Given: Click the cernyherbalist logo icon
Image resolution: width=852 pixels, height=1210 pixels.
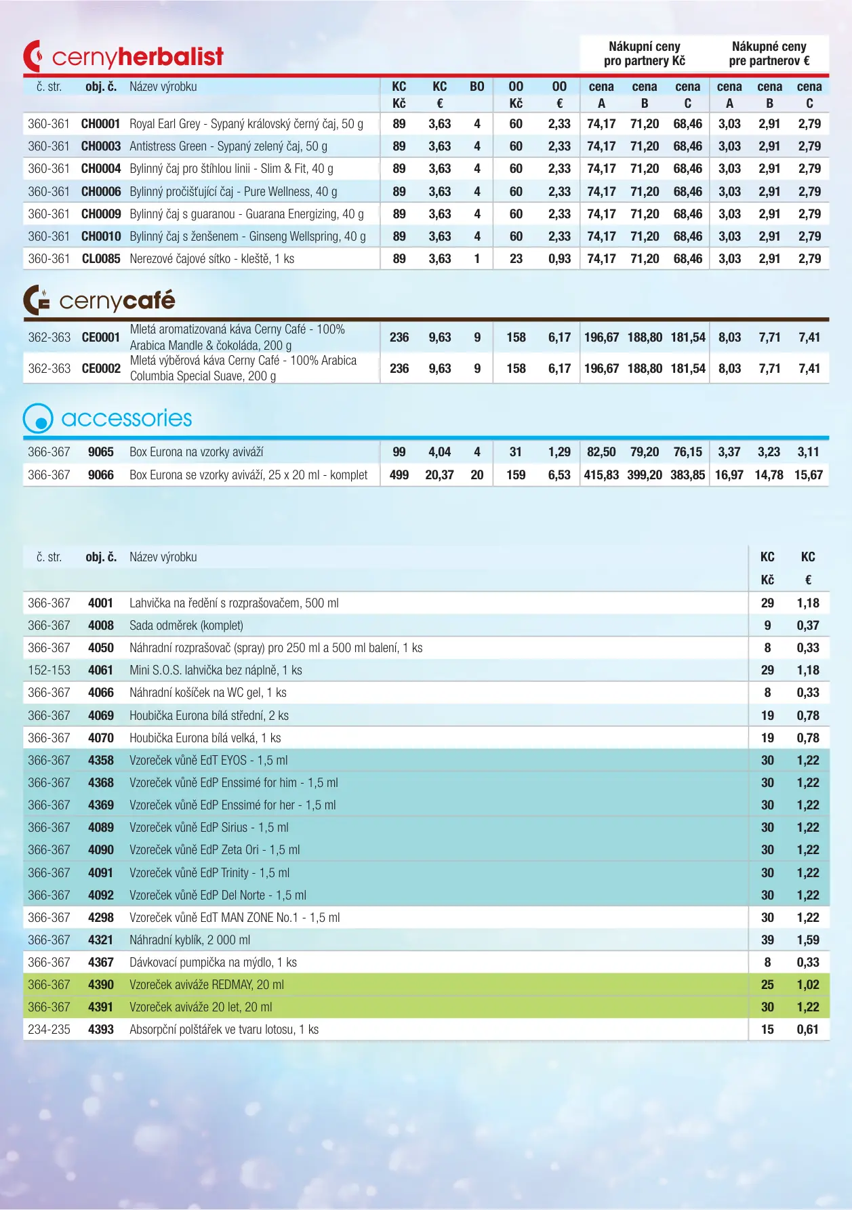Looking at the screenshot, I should [x=34, y=56].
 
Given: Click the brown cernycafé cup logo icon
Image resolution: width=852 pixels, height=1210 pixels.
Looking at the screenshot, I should [x=36, y=300].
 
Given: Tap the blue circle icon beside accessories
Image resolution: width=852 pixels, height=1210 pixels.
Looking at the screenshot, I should [x=38, y=419].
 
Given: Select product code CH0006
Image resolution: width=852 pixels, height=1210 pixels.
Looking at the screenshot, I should [x=101, y=192].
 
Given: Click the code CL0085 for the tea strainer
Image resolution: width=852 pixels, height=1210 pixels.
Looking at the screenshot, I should [x=101, y=259].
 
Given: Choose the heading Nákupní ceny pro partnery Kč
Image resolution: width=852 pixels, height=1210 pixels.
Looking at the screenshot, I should [x=645, y=54].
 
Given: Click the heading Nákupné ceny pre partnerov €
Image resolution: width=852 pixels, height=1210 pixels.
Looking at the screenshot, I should [x=769, y=54].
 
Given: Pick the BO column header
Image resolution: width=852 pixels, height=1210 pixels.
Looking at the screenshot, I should [x=477, y=87].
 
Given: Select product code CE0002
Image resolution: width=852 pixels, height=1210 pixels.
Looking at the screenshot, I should [x=101, y=369].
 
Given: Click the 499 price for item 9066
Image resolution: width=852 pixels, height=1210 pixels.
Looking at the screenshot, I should [x=399, y=475].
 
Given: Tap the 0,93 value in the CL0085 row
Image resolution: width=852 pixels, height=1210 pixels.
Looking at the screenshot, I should [x=560, y=259].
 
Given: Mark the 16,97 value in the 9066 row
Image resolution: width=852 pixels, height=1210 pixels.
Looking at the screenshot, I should [x=729, y=475].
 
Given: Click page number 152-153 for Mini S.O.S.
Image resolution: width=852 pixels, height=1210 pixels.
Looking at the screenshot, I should [x=49, y=670].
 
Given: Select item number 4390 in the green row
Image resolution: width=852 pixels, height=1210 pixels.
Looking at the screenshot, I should [x=101, y=985].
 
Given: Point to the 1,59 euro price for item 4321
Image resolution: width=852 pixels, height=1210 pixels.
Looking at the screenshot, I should [x=808, y=940].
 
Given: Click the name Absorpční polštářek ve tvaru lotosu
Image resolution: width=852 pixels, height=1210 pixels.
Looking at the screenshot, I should [x=224, y=1030].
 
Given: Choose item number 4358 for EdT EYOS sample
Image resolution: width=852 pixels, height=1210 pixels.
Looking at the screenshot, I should [x=101, y=761].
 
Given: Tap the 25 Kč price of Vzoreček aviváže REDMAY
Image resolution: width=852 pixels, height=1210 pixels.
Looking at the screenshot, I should [x=767, y=985].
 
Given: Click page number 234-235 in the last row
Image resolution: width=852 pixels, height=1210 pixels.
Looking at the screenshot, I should [x=49, y=1030].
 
